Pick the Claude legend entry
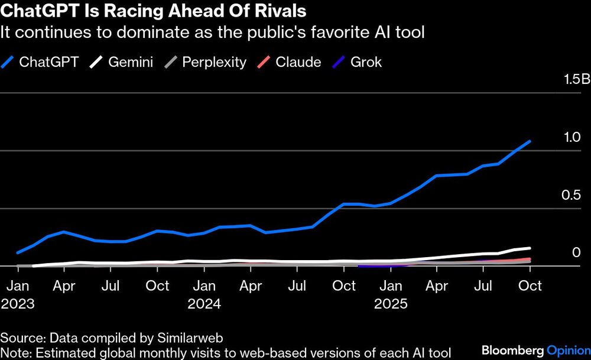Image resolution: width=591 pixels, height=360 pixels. [x=291, y=61]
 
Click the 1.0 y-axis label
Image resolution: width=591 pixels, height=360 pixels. [x=573, y=137]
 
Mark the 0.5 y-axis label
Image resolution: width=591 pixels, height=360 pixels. [x=573, y=195]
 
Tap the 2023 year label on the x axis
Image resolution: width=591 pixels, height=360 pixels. [x=18, y=304]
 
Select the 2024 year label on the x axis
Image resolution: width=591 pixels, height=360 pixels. [x=204, y=304]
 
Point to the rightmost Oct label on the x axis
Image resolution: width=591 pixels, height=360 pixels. [x=530, y=286]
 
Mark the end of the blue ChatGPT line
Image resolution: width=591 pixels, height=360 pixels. [x=530, y=141]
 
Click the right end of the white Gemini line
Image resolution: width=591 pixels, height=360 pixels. [x=530, y=248]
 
